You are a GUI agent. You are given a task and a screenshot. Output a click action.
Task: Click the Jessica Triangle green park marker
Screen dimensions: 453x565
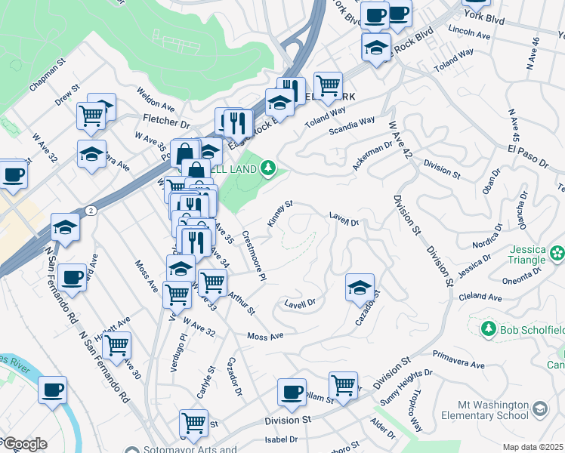pyautogui.click(x=557, y=252)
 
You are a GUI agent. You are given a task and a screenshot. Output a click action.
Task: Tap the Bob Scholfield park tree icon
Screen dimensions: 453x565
pyautogui.click(x=488, y=329)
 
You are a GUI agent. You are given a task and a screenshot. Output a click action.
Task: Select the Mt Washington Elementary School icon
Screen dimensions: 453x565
pyautogui.click(x=540, y=408)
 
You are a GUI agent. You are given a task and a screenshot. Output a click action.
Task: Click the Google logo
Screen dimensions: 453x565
pyautogui.click(x=24, y=443)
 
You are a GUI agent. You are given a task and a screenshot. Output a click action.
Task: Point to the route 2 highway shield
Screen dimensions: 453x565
pyautogui.click(x=91, y=209)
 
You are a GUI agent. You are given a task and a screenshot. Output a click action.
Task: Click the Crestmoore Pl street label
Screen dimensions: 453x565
pyautogui.click(x=253, y=256)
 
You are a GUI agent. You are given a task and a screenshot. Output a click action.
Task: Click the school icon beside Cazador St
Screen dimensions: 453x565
pyautogui.click(x=360, y=286)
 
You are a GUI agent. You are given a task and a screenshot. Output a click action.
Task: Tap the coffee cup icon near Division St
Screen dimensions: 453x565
pyautogui.click(x=292, y=391)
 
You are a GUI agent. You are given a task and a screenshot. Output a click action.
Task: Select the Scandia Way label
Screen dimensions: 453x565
pyautogui.click(x=351, y=125)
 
